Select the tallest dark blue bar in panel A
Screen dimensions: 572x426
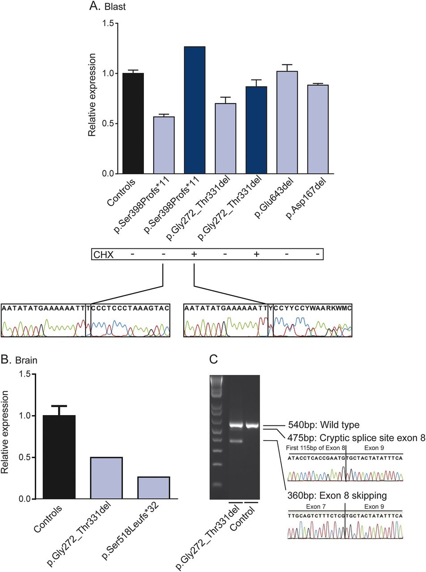pyautogui.click(x=194, y=110)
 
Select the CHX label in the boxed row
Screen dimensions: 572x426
pyautogui.click(x=103, y=254)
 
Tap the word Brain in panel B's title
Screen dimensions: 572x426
pyautogui.click(x=26, y=360)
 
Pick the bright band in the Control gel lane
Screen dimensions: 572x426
pyautogui.click(x=252, y=425)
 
